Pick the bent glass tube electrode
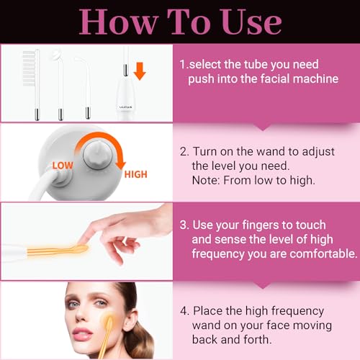pyautogui.click(x=87, y=83)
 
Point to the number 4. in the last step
pyautogui.click(x=185, y=310)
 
